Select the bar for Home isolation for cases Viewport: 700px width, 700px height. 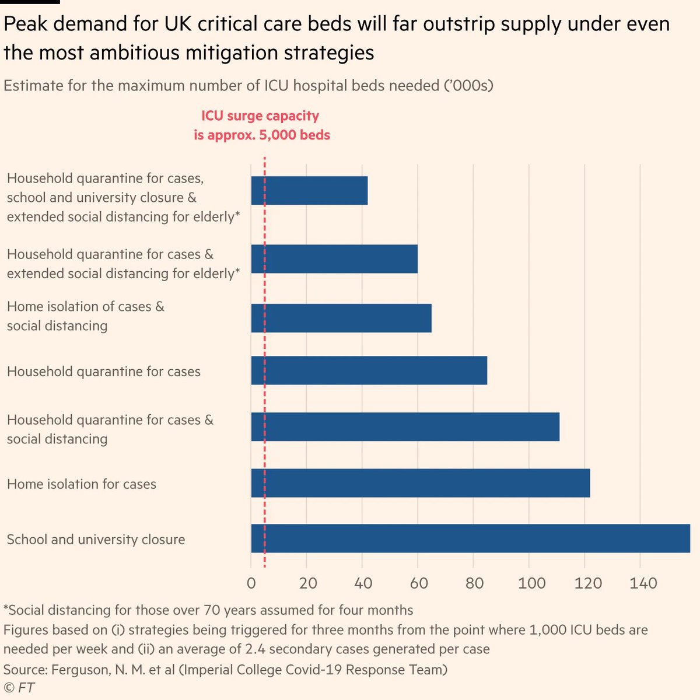coord(420,483)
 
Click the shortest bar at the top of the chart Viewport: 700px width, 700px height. coord(309,191)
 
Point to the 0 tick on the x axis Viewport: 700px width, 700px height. coord(251,583)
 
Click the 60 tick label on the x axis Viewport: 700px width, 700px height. coord(418,583)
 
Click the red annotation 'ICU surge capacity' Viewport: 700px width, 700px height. coord(260,116)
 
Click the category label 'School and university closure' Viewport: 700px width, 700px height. coord(96,539)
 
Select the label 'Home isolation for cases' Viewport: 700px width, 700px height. coord(82,484)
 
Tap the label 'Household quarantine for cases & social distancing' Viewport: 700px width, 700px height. coord(110,429)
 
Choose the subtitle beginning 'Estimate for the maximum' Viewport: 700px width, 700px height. coord(249,86)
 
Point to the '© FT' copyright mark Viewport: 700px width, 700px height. coord(19,688)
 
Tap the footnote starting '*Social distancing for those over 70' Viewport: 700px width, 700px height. coord(208,610)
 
